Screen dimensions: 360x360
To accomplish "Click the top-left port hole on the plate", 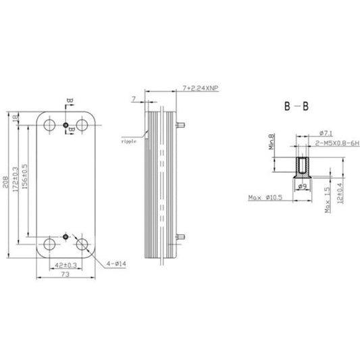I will point(50,126).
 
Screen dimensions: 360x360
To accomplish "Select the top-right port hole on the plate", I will point(82,126).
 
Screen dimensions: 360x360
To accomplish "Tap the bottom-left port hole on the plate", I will point(50,244).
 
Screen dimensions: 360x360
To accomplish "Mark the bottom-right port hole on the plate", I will point(82,244).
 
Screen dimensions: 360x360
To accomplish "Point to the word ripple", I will point(128,143).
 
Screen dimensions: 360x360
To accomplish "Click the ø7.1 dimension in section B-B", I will point(322,133).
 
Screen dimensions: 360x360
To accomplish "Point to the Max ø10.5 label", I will point(265,198).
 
